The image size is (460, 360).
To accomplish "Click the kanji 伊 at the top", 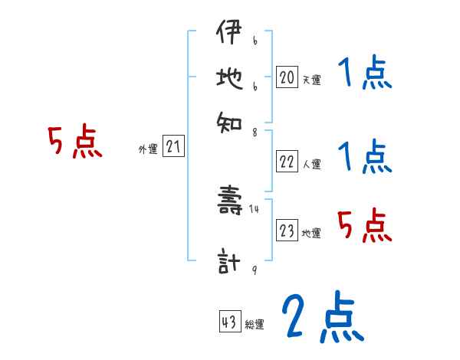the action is [x=228, y=34].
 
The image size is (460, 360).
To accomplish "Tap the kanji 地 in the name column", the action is [x=228, y=77].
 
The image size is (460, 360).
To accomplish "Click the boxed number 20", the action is [x=287, y=77].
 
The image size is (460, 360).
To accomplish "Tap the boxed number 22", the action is [x=287, y=162].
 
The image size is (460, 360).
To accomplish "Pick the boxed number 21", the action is [x=173, y=147].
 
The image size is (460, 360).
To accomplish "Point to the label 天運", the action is [x=311, y=80].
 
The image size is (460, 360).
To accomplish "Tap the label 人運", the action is [x=311, y=164].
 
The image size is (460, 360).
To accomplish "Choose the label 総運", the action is [x=255, y=325].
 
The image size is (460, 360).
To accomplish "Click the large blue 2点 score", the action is [x=322, y=317].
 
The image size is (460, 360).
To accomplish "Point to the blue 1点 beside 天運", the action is [x=364, y=74].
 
